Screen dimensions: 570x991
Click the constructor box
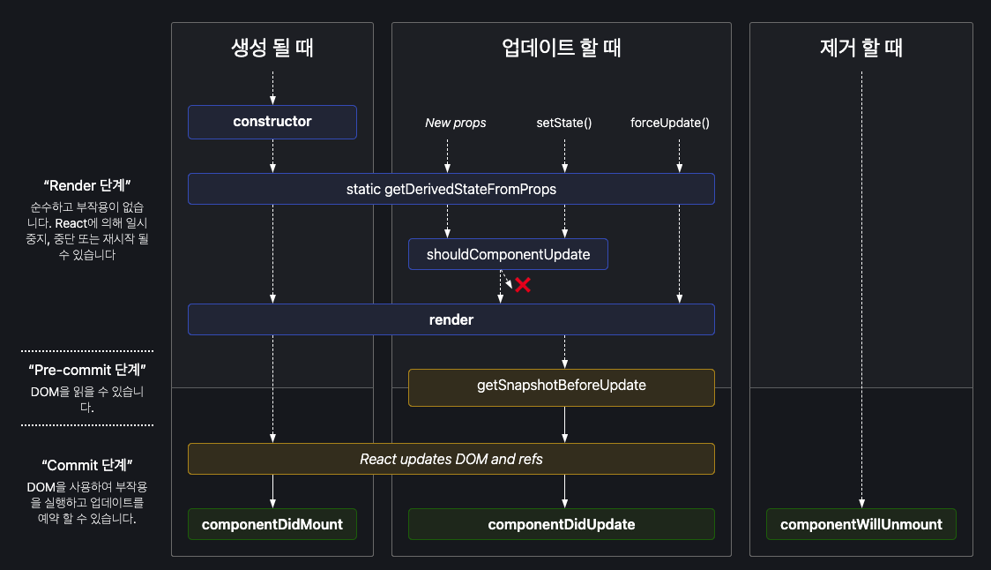click(272, 122)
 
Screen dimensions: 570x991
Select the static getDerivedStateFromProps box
click(451, 189)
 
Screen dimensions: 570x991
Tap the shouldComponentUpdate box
click(508, 255)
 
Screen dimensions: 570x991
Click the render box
click(451, 320)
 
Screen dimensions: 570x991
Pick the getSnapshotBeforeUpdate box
click(561, 386)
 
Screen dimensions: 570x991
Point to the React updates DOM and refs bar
click(451, 459)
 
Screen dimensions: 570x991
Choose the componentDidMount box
click(272, 524)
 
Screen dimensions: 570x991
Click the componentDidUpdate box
click(561, 524)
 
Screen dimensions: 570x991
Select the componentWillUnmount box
click(861, 524)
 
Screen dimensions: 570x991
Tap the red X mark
click(523, 284)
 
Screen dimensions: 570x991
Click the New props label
click(455, 123)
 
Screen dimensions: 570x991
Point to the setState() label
click(564, 123)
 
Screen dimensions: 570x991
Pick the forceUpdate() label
click(670, 123)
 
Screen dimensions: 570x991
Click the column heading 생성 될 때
click(272, 48)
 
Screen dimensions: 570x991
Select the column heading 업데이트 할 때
click(561, 48)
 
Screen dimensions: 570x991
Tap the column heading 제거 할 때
click(861, 48)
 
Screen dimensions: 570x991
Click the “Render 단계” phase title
click(87, 186)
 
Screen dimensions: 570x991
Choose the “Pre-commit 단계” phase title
click(87, 370)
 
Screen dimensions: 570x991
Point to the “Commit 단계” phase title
click(87, 464)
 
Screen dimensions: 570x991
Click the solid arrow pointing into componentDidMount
click(272, 491)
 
